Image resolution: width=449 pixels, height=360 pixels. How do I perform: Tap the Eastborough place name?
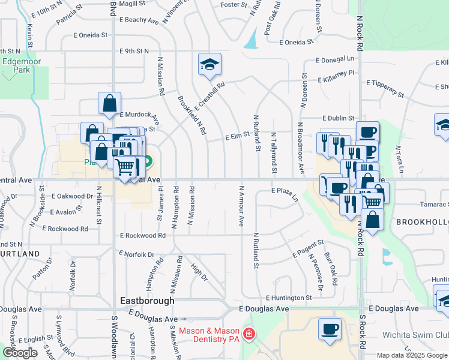click(147, 301)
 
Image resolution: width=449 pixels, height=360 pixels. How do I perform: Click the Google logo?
click(19, 353)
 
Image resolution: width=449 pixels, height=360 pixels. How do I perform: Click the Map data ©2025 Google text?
click(412, 355)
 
